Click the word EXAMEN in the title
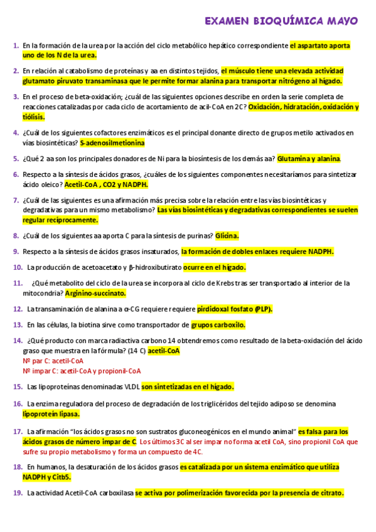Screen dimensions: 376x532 tap(227, 21)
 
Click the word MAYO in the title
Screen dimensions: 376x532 tap(341, 21)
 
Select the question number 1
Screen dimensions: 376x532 tap(15, 46)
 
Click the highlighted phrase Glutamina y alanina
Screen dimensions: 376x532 tap(308, 159)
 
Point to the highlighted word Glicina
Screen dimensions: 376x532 tap(227, 236)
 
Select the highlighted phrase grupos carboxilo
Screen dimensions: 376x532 tap(218, 325)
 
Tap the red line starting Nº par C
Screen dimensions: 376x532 tap(53, 361)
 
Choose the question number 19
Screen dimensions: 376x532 tap(17, 493)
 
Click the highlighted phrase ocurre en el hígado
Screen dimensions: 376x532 tap(214, 267)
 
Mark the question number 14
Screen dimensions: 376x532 tap(17, 341)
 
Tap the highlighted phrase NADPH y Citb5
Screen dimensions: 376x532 tap(46, 477)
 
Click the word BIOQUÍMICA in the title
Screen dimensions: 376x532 tap(284, 21)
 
